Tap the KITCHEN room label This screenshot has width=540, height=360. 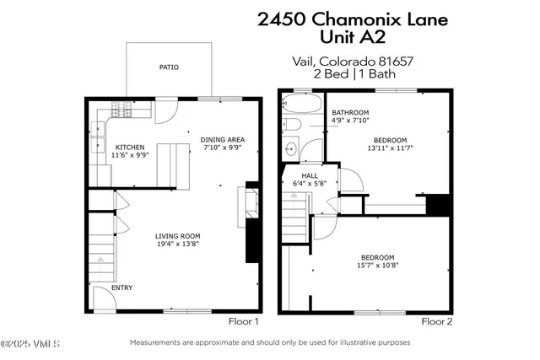click(x=130, y=146)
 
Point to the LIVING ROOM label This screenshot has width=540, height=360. click(x=177, y=235)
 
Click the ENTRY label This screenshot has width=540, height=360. click(x=122, y=287)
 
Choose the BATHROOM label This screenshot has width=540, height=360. click(x=350, y=112)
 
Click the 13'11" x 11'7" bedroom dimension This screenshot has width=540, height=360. click(x=391, y=148)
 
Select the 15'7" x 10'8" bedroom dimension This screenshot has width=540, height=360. click(x=378, y=266)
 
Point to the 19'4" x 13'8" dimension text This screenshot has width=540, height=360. click(x=177, y=244)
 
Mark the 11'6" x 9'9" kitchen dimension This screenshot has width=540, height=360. click(x=130, y=155)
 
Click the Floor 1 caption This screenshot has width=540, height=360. click(x=243, y=321)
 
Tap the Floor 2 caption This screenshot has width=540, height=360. click(x=437, y=321)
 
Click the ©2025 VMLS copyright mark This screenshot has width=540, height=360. click(x=26, y=343)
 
